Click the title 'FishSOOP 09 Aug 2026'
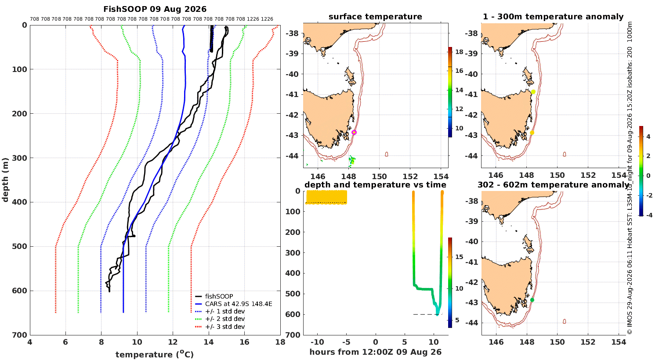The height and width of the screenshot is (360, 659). pos(155,9)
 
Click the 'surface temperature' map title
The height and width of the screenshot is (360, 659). pos(375,17)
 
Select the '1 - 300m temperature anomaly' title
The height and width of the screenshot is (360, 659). pos(553,17)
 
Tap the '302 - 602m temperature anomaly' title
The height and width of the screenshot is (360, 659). pos(553,185)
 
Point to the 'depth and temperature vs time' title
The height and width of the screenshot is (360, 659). pos(375,185)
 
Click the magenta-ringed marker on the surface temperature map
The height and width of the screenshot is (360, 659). pos(354,133)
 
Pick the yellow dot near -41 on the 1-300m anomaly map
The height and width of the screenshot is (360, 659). pos(533,92)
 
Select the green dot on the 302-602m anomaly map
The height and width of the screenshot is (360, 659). pos(532,300)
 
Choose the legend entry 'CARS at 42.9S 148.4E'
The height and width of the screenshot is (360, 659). pos(234,304)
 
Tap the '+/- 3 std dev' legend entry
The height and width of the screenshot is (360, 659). pos(220,327)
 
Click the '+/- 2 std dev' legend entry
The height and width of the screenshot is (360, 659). pos(220,319)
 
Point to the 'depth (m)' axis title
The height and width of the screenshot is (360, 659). pos(5,180)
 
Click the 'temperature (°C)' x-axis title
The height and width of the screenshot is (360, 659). pos(155,354)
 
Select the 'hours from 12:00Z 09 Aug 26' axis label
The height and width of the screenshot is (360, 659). pos(375,352)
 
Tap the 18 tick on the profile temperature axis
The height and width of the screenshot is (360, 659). pos(280,342)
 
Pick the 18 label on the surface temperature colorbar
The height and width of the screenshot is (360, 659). pos(459,52)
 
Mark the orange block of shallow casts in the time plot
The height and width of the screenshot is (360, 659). pos(326,197)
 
